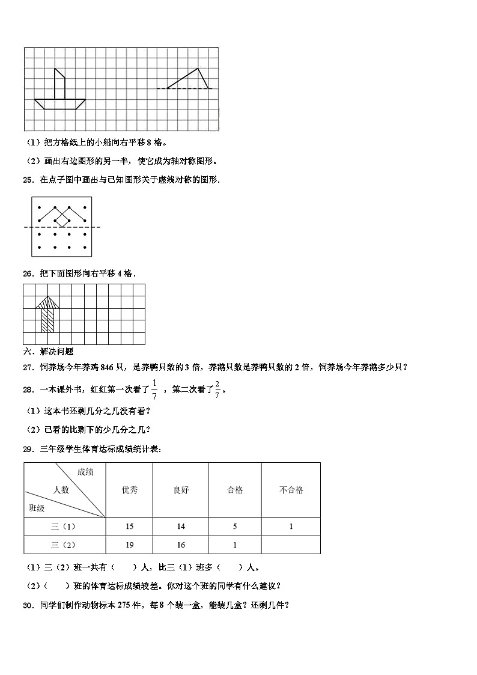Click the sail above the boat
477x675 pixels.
(59, 84)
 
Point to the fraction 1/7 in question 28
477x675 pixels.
(154, 389)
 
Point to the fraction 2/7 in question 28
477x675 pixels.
(217, 389)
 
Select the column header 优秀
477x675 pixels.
(129, 490)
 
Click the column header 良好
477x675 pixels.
(180, 490)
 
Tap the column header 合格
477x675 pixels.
(235, 490)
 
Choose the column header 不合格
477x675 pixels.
(291, 490)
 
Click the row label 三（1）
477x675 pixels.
(65, 527)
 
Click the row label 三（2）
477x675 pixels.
(65, 545)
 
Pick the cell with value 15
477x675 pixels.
(129, 527)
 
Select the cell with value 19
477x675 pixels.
(129, 545)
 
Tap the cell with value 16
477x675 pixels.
(180, 545)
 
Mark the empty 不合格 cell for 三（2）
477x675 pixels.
(291, 545)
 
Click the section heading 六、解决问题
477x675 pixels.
(48, 352)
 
